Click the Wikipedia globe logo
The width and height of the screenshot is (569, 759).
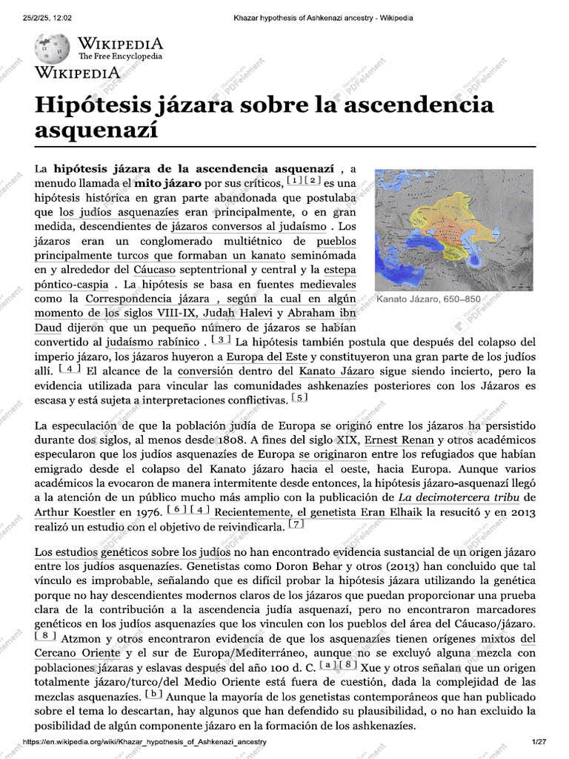pos(52,48)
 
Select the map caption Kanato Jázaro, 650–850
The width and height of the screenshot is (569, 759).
pos(428,299)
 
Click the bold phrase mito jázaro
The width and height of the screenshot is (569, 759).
pos(167,182)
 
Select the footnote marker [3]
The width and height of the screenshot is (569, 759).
pos(221,340)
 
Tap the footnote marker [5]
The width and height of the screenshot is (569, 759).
pos(299,398)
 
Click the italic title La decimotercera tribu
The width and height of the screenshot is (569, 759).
pos(456,497)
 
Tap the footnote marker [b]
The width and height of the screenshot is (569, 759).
pos(153,695)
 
